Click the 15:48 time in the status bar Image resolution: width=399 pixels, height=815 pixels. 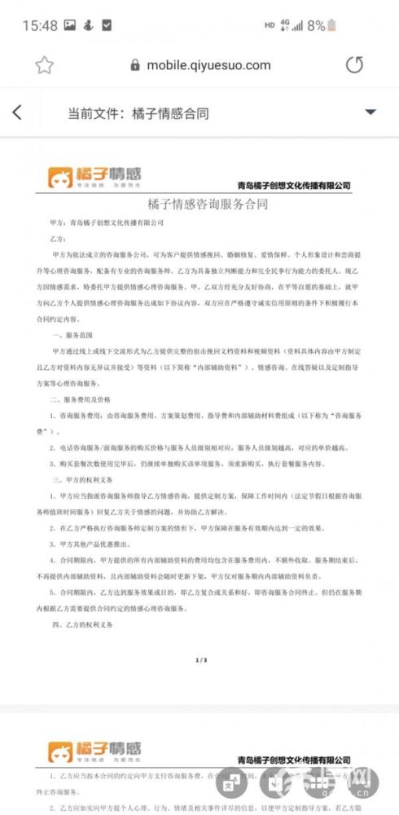tap(39, 25)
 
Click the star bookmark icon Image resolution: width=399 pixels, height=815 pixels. tap(44, 65)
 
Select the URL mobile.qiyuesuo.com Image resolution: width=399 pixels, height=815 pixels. tap(208, 65)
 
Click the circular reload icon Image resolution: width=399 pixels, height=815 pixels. tap(354, 65)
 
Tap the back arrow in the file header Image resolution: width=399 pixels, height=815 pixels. tap(17, 113)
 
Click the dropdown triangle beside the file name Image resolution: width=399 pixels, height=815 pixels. tap(370, 112)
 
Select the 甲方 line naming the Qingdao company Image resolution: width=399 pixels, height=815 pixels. tap(107, 222)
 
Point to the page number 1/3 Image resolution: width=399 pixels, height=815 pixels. tap(200, 660)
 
